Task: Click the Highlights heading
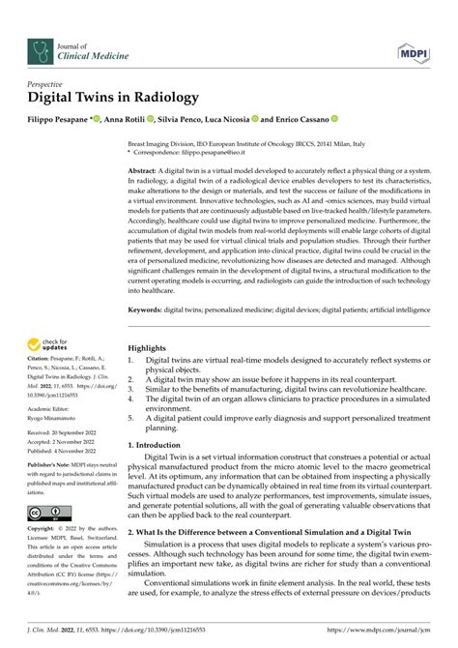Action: point(147,349)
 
